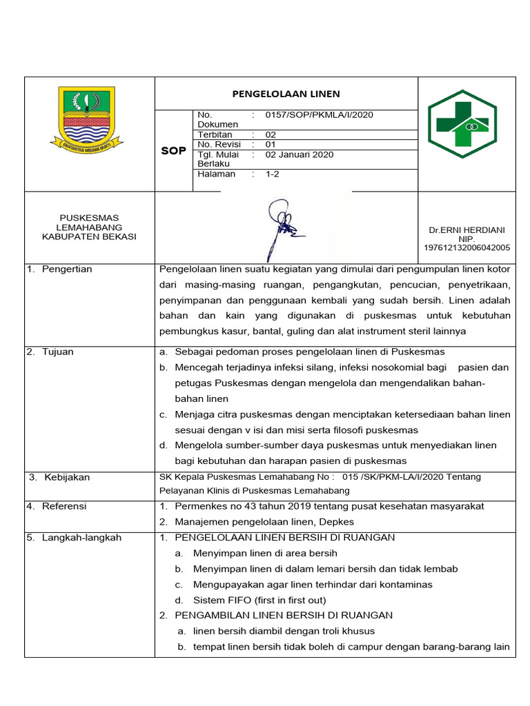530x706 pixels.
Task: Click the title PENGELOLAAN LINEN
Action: (286, 94)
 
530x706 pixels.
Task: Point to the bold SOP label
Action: (173, 150)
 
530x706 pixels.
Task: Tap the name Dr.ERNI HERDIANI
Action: (467, 230)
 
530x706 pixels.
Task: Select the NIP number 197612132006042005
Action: (467, 248)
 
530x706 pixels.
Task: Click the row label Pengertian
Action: (66, 269)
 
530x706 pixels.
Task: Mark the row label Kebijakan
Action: (67, 477)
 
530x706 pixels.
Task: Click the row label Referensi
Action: (63, 506)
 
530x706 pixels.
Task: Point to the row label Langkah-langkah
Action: (81, 537)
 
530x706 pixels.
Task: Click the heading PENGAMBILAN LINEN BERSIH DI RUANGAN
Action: (284, 615)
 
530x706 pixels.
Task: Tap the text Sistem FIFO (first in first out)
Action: (259, 600)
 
